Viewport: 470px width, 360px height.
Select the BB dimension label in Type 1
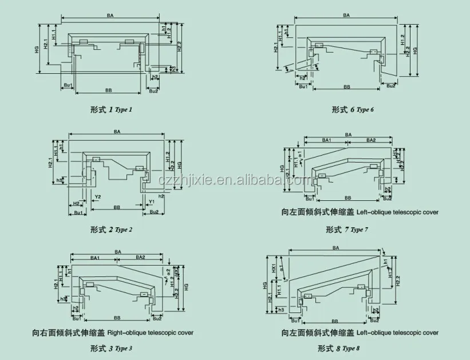(x=108, y=90)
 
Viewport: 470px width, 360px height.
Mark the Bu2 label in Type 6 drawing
(x=390, y=85)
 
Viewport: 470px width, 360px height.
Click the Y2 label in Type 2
(x=98, y=197)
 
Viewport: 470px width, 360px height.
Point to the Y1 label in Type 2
(x=151, y=202)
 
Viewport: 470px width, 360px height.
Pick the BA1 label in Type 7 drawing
(x=326, y=140)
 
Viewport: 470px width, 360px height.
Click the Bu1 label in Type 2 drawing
(x=79, y=212)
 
